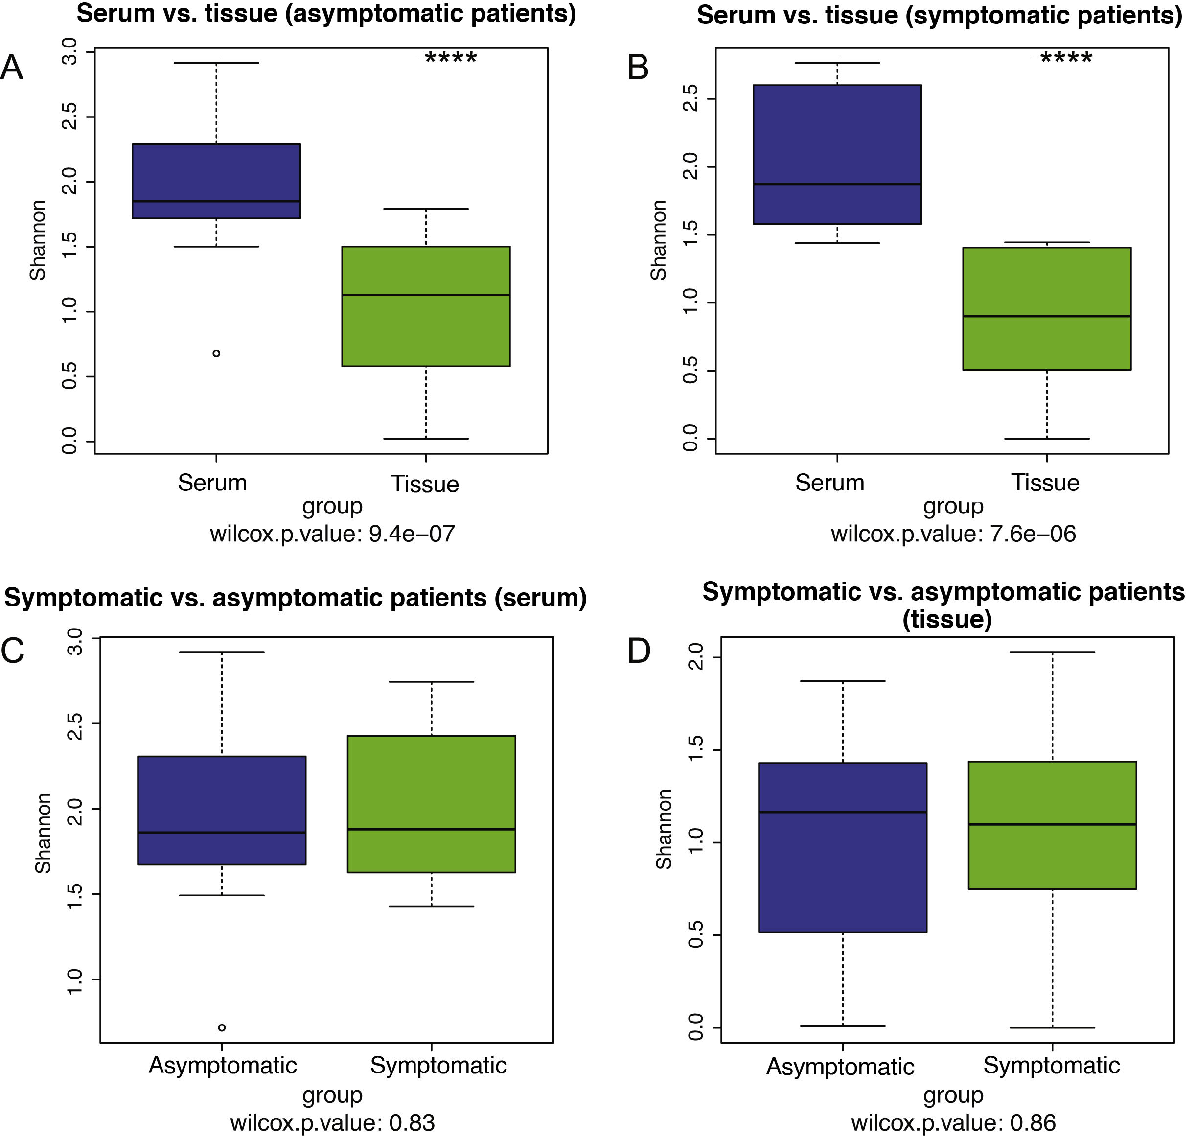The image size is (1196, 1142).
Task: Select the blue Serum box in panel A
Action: click(x=216, y=181)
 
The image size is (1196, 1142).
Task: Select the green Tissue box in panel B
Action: click(x=1046, y=309)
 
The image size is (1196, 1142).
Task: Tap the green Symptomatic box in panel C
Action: click(x=432, y=804)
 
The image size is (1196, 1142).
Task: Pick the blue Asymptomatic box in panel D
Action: click(x=842, y=847)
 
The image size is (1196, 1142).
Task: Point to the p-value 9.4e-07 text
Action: click(x=412, y=534)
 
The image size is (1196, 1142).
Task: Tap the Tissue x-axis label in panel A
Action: click(x=425, y=485)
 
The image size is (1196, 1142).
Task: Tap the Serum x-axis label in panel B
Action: click(x=829, y=483)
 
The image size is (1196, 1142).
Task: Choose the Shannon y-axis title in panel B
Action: click(x=658, y=240)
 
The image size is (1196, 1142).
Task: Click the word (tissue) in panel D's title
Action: click(x=946, y=620)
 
